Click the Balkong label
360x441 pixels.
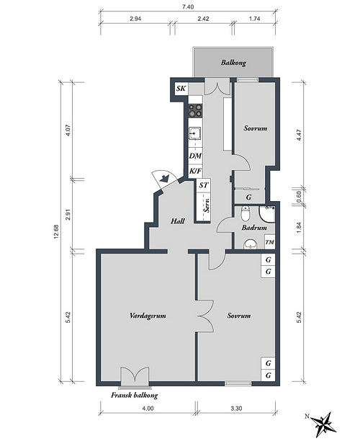(233, 63)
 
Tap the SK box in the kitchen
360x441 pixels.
(181, 89)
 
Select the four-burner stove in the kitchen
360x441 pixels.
(195, 110)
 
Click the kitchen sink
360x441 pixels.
(194, 133)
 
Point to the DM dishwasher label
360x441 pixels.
(195, 156)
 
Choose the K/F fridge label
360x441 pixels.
(195, 171)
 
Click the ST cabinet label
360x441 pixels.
(204, 185)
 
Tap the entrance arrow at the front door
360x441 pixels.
(164, 178)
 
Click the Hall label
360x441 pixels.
(178, 221)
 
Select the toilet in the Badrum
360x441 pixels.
(246, 214)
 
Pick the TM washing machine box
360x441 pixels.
(270, 242)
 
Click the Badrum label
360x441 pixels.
(254, 227)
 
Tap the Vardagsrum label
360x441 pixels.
(148, 316)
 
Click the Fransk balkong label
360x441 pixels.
(134, 395)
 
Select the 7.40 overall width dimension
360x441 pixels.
(188, 7)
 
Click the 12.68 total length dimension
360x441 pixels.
(55, 232)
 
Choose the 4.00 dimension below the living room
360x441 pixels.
(148, 409)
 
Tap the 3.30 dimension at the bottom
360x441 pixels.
(236, 409)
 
